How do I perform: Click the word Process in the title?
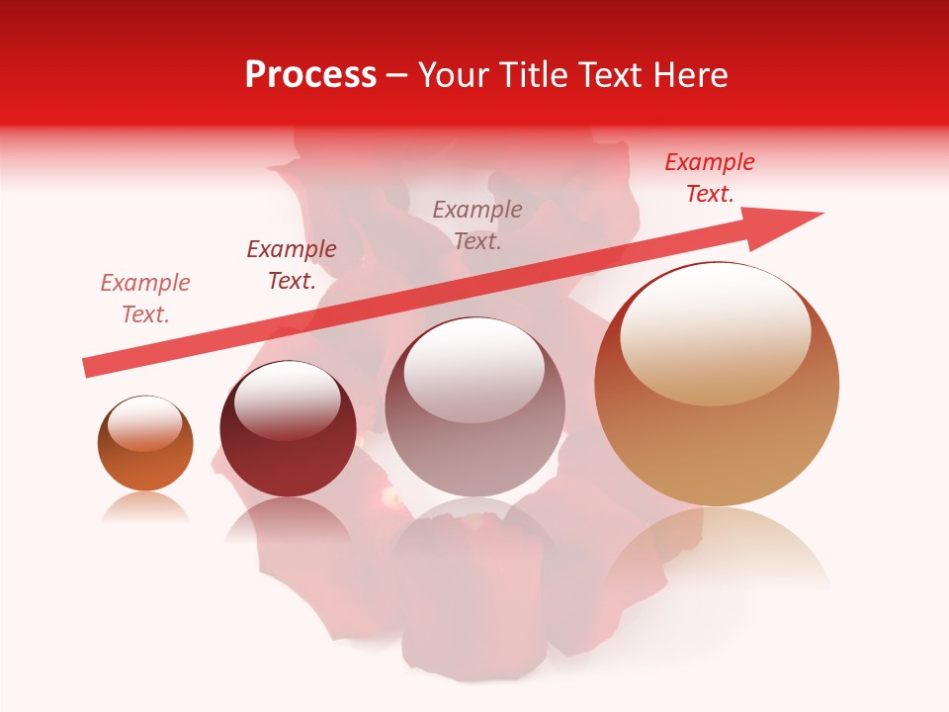[x=310, y=75]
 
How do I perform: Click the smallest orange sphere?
[x=145, y=444]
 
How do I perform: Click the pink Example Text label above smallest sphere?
[x=145, y=299]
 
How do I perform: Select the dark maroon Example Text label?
[x=292, y=265]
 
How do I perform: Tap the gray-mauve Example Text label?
[x=477, y=224]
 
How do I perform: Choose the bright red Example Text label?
[x=710, y=178]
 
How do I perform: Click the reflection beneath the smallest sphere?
[x=145, y=507]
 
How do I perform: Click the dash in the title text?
[x=397, y=76]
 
